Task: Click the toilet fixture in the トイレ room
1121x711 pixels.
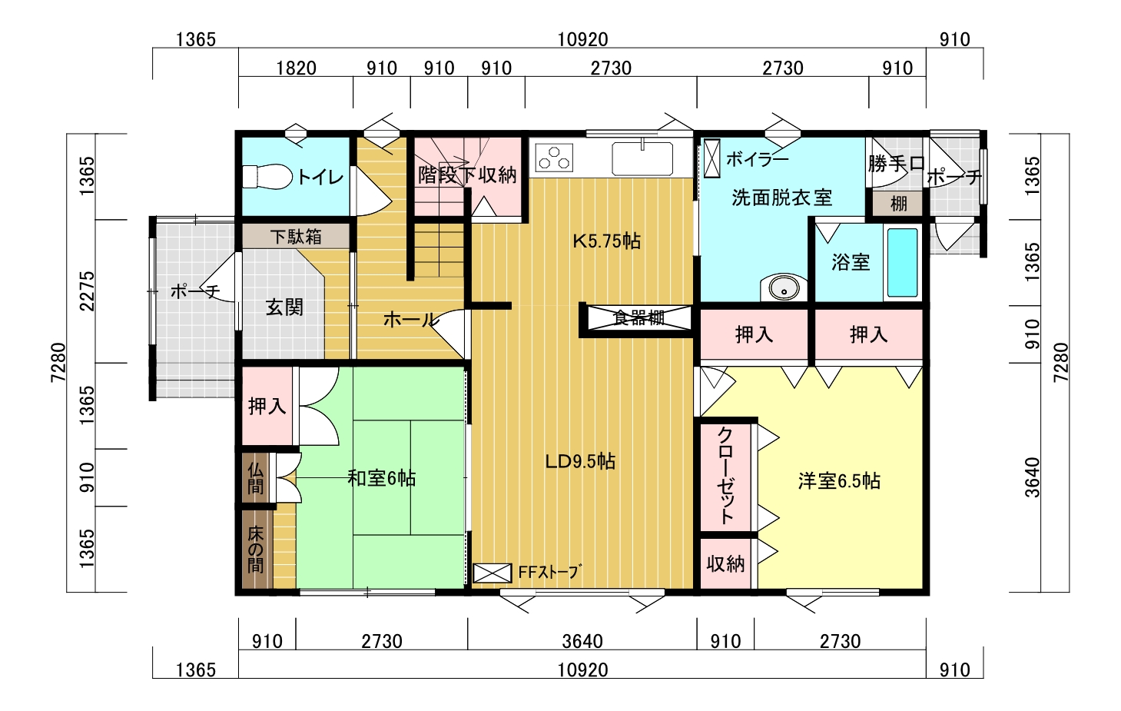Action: [267, 176]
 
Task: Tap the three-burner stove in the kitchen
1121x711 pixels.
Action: [554, 158]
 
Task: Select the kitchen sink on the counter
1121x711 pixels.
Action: [642, 158]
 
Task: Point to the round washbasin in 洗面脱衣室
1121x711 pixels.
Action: [784, 288]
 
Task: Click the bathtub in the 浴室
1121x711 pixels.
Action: [902, 263]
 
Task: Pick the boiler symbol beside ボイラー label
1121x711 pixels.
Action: [711, 158]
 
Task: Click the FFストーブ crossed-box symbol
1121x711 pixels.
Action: [492, 573]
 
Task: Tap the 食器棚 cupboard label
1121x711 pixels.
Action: [638, 317]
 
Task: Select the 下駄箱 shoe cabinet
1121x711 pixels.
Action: [296, 236]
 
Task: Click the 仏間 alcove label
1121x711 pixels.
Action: [255, 477]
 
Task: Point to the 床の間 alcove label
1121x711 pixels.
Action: [255, 550]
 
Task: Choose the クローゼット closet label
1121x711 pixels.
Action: [725, 476]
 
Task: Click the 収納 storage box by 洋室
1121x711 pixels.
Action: [725, 563]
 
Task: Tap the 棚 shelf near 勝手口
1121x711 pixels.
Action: [898, 203]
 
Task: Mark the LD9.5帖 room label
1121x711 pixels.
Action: [580, 461]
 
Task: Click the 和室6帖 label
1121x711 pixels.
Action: [381, 479]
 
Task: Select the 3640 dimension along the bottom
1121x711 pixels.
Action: [582, 641]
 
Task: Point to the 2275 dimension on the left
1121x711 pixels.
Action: [87, 291]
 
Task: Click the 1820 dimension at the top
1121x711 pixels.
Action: [297, 68]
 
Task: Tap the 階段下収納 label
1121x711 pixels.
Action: [467, 174]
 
